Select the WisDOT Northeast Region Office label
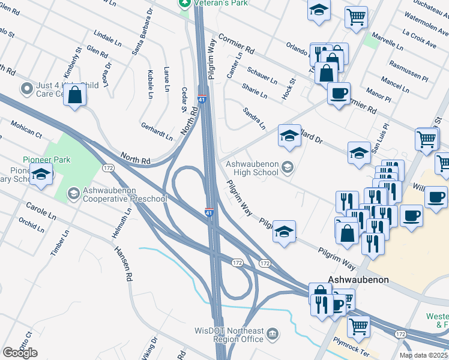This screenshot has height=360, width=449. coord(229,335)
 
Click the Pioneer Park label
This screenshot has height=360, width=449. coord(46,160)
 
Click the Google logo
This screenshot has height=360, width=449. coord(20,352)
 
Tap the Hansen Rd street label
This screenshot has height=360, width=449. coord(124,265)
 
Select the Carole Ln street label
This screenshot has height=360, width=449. coord(40,212)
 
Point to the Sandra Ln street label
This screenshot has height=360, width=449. coord(254,118)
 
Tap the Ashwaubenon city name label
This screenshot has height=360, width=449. coord(358,280)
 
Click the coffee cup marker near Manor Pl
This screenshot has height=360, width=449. coord(339,94)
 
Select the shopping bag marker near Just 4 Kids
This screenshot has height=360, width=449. coord(75,95)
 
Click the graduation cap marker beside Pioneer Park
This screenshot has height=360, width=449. coord(41,175)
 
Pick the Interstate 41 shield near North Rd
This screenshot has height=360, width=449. coord(202,98)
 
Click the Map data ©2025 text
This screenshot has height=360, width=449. coord(423,355)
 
